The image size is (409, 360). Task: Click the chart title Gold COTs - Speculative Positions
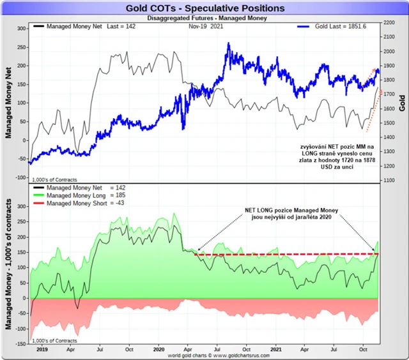204,8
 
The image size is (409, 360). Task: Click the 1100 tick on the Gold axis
389,181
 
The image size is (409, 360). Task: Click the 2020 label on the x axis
160,349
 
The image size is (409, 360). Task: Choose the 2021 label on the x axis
277,349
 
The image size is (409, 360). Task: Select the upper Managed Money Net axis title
8,102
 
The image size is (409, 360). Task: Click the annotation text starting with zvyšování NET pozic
337,159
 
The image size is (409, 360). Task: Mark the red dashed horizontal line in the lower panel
288,255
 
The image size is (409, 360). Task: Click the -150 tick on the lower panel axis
18,343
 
